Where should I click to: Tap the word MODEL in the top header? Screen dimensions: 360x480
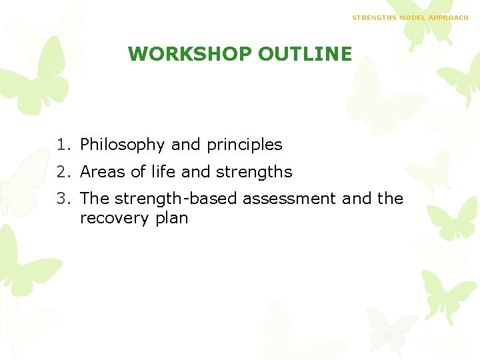point(412,17)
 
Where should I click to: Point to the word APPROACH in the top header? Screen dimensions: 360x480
point(449,17)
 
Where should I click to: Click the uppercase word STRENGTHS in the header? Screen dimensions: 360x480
point(374,17)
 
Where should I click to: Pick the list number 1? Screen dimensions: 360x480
point(61,145)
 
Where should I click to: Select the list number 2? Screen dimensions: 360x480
point(61,172)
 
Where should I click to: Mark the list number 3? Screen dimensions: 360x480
point(61,199)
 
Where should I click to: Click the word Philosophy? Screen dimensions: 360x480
point(123,145)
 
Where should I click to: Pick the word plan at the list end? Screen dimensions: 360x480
point(171,219)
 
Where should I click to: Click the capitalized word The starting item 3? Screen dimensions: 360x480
point(95,199)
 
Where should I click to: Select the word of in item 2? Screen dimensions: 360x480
point(138,172)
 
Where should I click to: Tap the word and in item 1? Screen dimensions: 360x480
point(186,145)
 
